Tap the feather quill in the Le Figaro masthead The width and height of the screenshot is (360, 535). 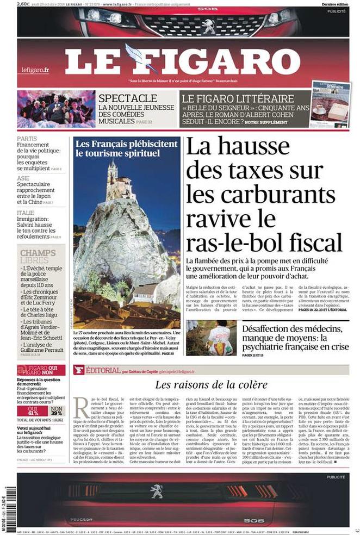click(136, 58)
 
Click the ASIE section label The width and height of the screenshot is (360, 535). click(23, 178)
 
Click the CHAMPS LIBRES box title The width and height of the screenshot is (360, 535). click(38, 257)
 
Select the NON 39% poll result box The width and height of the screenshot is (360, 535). click(57, 410)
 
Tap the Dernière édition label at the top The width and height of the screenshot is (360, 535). click(335, 4)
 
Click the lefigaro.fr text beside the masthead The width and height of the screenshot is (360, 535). click(35, 70)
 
